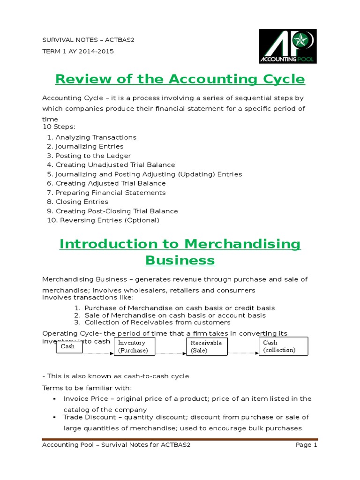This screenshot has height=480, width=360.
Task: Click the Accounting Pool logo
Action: click(x=288, y=46)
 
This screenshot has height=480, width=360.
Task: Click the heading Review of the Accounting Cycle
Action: click(x=180, y=79)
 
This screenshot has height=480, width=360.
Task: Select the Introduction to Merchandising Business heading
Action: click(x=180, y=252)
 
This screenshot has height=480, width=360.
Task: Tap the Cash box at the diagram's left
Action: click(x=67, y=347)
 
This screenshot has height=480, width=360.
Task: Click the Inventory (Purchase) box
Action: click(x=134, y=346)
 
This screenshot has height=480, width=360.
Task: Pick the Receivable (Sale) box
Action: click(x=206, y=346)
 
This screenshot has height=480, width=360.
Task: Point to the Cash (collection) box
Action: click(x=283, y=346)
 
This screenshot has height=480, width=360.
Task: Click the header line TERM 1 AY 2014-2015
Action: click(x=78, y=51)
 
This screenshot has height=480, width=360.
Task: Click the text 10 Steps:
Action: click(x=56, y=127)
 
